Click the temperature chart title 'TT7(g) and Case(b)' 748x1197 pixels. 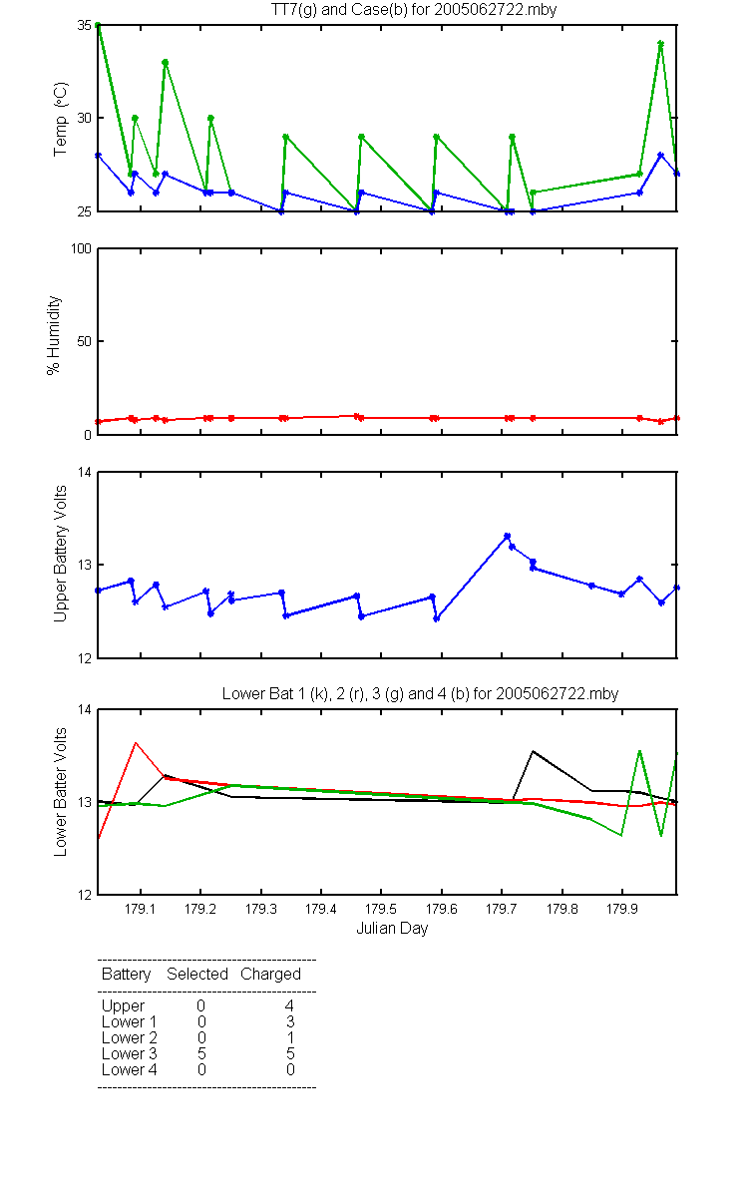tap(350, 10)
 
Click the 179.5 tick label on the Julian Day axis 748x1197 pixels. tap(380, 909)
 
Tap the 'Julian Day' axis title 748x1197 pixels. tap(392, 929)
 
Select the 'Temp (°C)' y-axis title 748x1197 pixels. tap(61, 119)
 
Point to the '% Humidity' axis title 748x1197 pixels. tap(54, 335)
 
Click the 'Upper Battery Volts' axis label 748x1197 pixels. tap(60, 554)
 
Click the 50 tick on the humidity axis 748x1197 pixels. tap(84, 341)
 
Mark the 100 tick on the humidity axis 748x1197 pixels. tap(81, 248)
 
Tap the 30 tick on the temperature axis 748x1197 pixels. tap(84, 118)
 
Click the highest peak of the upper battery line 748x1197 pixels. tap(507, 536)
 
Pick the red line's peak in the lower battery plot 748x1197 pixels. tap(136, 743)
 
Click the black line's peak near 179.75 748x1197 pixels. tap(533, 751)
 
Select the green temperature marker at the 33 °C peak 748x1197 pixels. tap(166, 63)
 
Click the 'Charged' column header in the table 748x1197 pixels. tap(270, 975)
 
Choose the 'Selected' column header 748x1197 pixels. tap(197, 975)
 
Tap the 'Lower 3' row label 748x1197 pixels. tap(130, 1053)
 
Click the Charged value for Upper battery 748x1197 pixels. tap(289, 1005)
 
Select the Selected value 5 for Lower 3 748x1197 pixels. tap(201, 1053)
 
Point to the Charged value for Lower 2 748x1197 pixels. tap(290, 1037)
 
